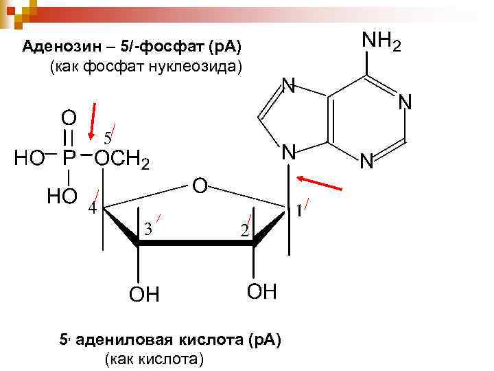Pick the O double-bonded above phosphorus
click(x=69, y=115)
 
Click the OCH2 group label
click(x=121, y=160)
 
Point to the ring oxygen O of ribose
click(x=199, y=185)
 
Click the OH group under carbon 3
click(x=144, y=295)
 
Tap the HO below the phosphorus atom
click(x=62, y=197)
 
